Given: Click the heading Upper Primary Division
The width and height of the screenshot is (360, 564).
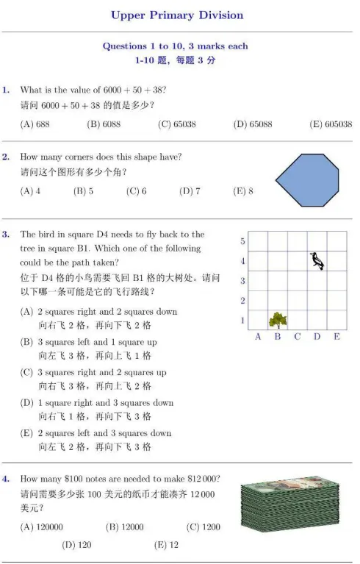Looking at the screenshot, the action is pyautogui.click(x=176, y=15).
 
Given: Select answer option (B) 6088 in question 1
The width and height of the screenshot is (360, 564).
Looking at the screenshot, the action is pyautogui.click(x=104, y=124).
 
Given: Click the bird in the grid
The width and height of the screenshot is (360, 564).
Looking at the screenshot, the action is pyautogui.click(x=317, y=260).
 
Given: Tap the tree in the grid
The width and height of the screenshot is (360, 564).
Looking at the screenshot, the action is pyautogui.click(x=278, y=319).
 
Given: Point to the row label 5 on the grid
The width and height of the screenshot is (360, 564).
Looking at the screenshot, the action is pyautogui.click(x=243, y=241).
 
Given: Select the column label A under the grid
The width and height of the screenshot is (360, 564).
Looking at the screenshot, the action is pyautogui.click(x=258, y=337).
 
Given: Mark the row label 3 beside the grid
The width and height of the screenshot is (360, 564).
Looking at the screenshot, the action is pyautogui.click(x=243, y=281).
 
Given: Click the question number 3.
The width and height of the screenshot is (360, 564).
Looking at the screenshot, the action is pyautogui.click(x=6, y=235).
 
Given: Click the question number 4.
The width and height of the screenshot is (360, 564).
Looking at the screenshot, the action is pyautogui.click(x=6, y=479).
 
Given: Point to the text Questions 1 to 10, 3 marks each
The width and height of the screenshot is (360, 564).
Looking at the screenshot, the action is pyautogui.click(x=176, y=46).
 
